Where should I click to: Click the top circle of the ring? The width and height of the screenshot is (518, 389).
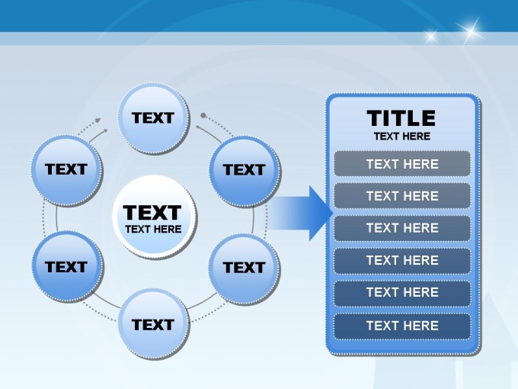pyautogui.click(x=154, y=118)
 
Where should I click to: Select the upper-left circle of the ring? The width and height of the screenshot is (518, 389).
pyautogui.click(x=67, y=170)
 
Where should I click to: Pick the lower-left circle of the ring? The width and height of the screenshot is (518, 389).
pyautogui.click(x=68, y=267)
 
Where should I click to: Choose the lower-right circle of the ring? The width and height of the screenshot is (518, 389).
pyautogui.click(x=244, y=268)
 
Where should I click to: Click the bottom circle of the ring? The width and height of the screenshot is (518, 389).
pyautogui.click(x=154, y=324)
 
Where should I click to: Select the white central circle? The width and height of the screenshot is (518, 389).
pyautogui.click(x=155, y=217)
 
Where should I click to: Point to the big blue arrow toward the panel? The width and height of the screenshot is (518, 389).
pyautogui.click(x=299, y=213)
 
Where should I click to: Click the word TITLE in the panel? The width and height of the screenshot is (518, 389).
pyautogui.click(x=401, y=118)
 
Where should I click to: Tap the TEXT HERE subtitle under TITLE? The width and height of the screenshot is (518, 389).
pyautogui.click(x=402, y=137)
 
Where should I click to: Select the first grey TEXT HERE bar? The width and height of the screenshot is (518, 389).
pyautogui.click(x=402, y=164)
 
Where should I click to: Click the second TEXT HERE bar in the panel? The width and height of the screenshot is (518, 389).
pyautogui.click(x=402, y=196)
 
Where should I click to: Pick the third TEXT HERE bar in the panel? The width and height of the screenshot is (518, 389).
pyautogui.click(x=402, y=228)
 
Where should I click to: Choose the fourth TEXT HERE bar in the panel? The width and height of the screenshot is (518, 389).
pyautogui.click(x=402, y=260)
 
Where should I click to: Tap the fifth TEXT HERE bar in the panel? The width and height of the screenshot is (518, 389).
pyautogui.click(x=402, y=293)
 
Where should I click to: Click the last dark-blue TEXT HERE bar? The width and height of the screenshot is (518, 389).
pyautogui.click(x=402, y=326)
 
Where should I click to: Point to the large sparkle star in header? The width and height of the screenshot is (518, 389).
pyautogui.click(x=471, y=31)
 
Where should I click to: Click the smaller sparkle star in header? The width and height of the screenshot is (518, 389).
pyautogui.click(x=431, y=36)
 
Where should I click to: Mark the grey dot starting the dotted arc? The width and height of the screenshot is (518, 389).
pyautogui.click(x=203, y=115)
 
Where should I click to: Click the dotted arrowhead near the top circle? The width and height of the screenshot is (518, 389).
pyautogui.click(x=98, y=121)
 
